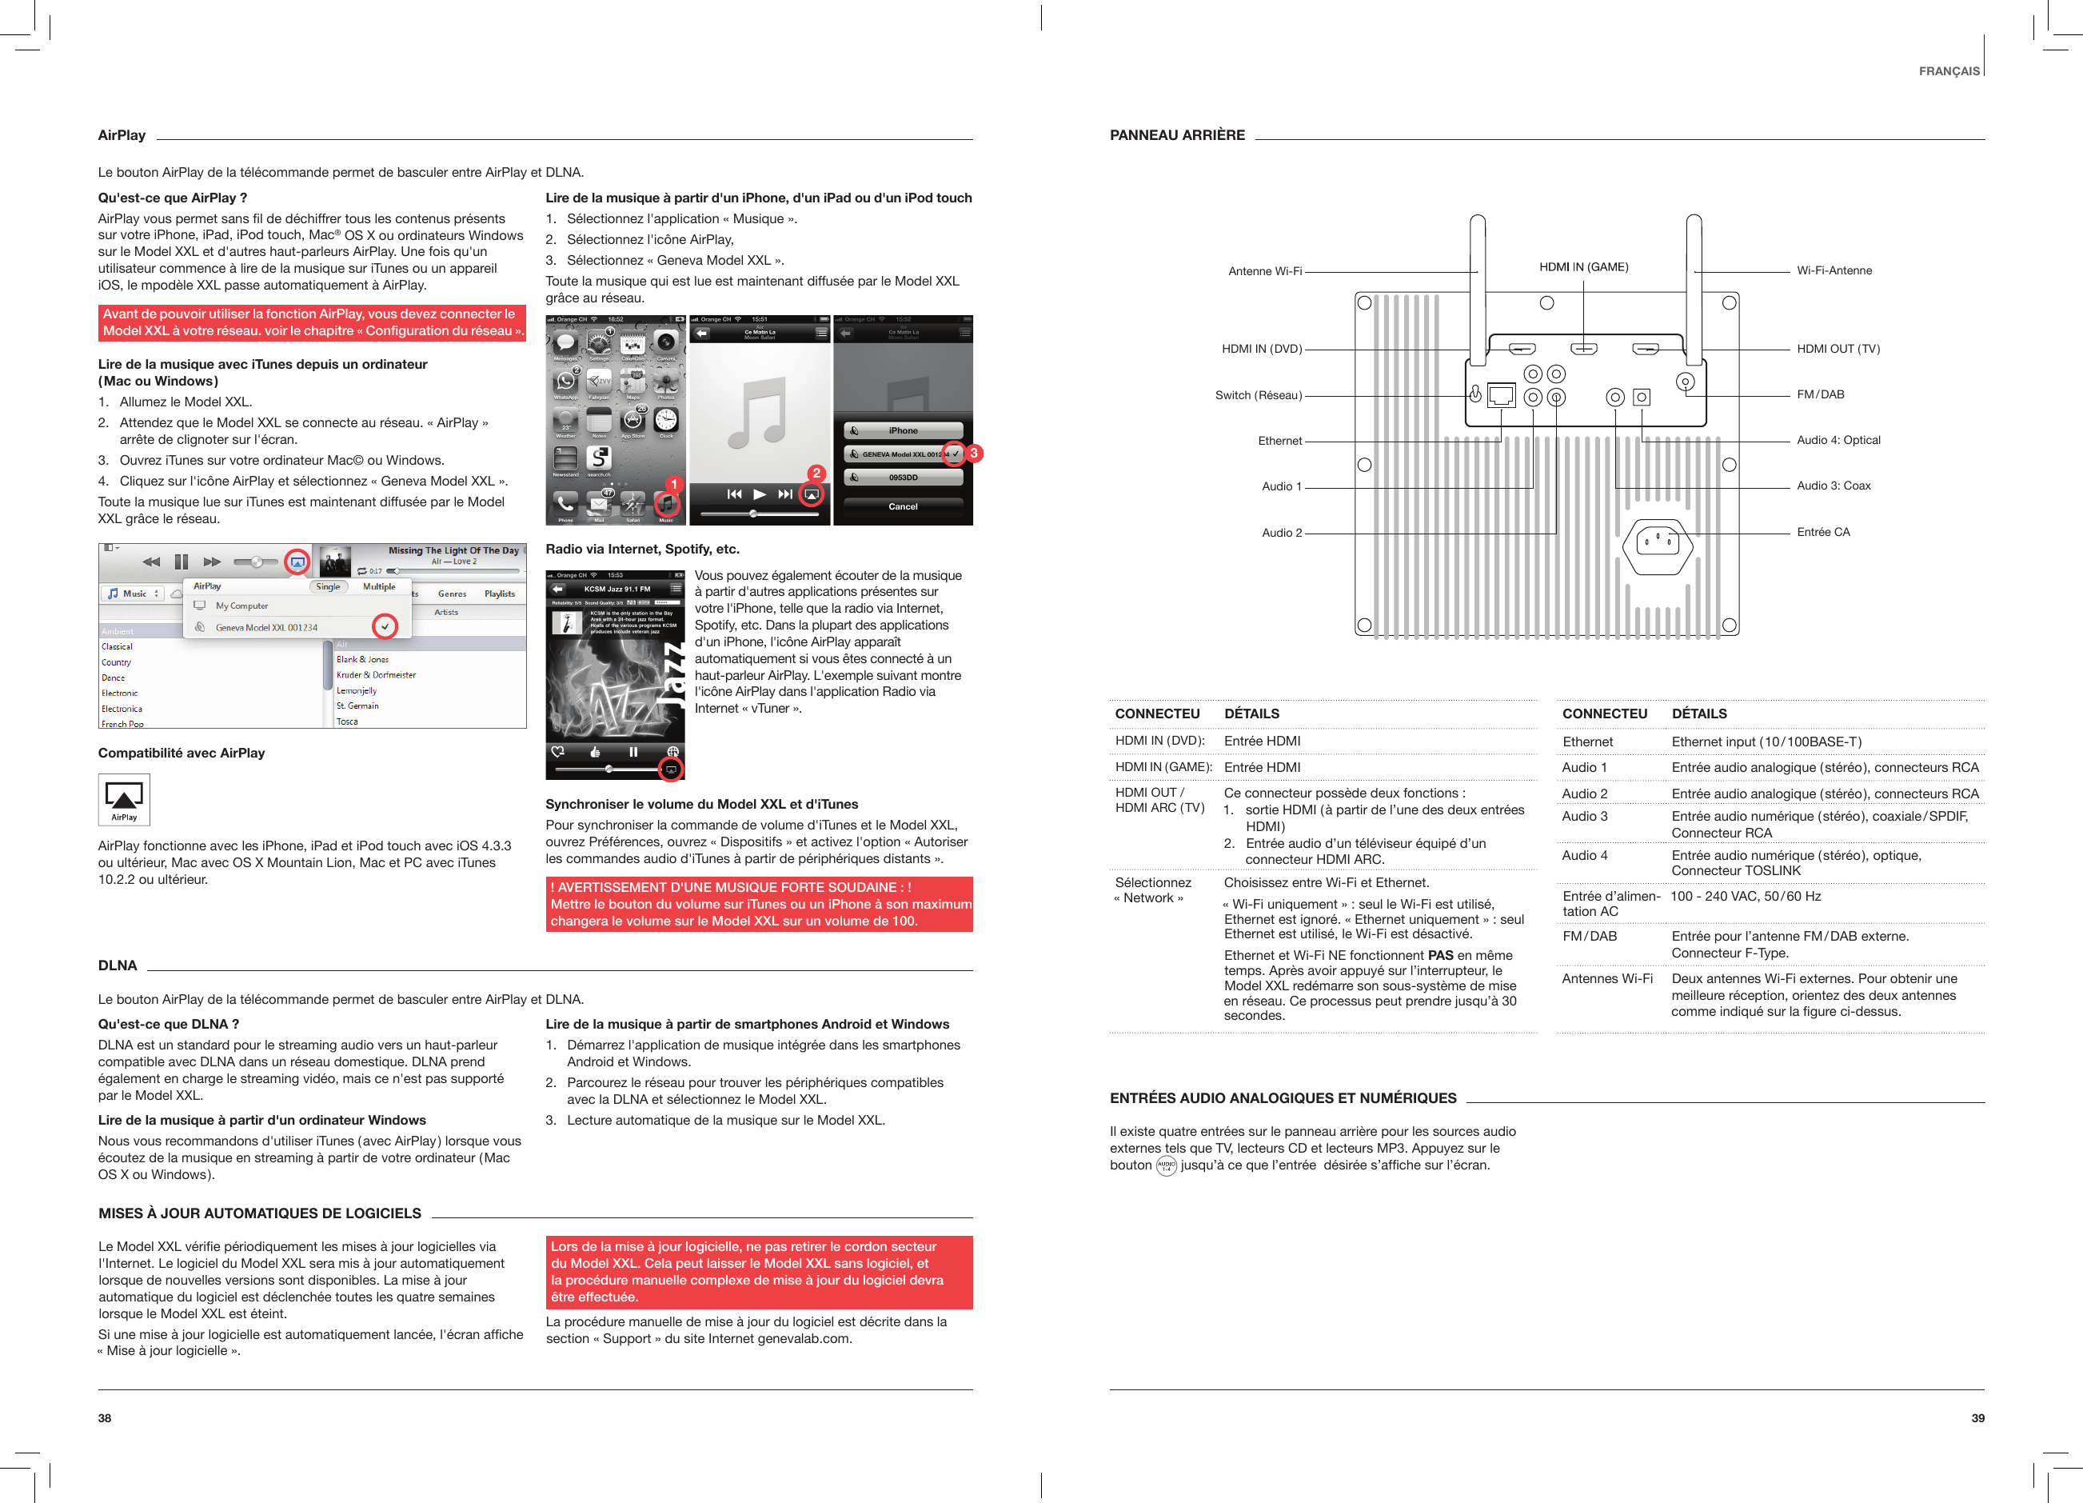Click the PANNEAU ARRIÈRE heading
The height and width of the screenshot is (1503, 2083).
pos(1176,135)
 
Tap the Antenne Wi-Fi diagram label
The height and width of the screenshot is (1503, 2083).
pos(1265,271)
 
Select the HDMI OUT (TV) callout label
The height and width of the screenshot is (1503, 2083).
pos(1838,349)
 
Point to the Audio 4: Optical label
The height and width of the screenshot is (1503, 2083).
pos(1838,440)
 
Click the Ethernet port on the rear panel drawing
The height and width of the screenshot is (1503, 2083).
pos(1501,396)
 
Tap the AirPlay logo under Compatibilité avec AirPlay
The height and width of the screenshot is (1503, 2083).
pos(124,799)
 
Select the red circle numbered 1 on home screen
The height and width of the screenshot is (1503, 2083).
pos(673,484)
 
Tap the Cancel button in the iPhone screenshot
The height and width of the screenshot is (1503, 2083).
pos(903,506)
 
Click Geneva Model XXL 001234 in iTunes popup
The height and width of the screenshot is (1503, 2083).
pos(266,627)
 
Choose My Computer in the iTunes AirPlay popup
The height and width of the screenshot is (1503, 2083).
pos(241,606)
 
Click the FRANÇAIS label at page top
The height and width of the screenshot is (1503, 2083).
pos(1948,72)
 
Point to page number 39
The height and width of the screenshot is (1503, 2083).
pos(1977,1417)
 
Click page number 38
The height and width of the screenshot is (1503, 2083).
pos(105,1417)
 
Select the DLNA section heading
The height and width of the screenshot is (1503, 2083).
pos(118,965)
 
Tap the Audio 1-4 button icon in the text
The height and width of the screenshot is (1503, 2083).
pos(1166,1165)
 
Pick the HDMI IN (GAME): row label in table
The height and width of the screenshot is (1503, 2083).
pos(1163,767)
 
